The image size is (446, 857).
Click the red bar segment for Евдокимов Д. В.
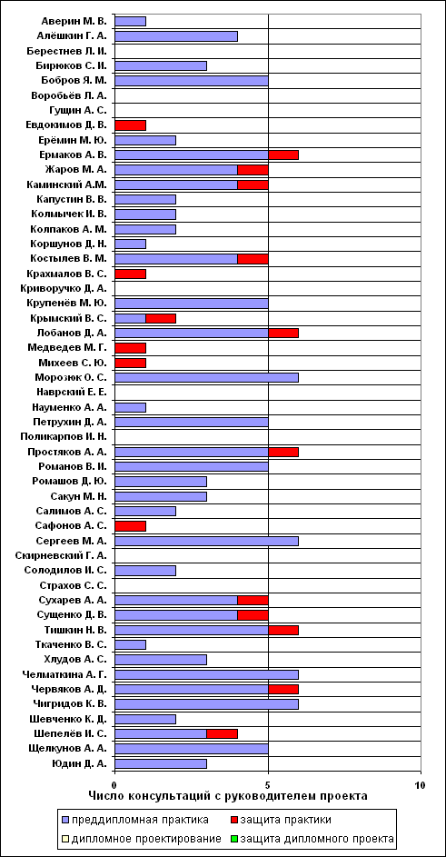click(131, 125)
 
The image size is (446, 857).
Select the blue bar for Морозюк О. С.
click(206, 378)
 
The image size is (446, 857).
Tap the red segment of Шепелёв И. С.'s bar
click(222, 733)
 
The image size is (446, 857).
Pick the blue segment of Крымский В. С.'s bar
click(131, 318)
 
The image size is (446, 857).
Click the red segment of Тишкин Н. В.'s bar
click(283, 630)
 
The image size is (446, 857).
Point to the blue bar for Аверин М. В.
click(131, 21)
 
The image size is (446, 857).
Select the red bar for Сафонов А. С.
click(131, 526)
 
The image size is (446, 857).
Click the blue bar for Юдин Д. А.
click(161, 763)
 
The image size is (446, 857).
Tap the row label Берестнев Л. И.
click(66, 51)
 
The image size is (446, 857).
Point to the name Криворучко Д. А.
click(67, 289)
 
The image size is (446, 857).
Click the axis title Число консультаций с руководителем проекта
click(227, 796)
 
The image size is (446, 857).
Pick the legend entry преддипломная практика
click(135, 820)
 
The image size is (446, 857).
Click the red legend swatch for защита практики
click(231, 820)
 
